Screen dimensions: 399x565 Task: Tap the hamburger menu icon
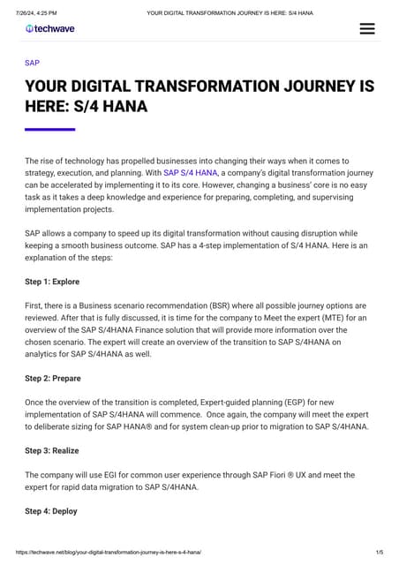tap(367, 28)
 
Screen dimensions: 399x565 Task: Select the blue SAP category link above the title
tap(32, 64)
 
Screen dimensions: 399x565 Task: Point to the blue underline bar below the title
tap(49, 130)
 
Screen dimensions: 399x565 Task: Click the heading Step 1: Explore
tap(52, 282)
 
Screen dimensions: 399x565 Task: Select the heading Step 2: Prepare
tap(53, 378)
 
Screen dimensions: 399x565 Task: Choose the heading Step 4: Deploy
tap(51, 511)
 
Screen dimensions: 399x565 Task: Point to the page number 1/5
tap(379, 552)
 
